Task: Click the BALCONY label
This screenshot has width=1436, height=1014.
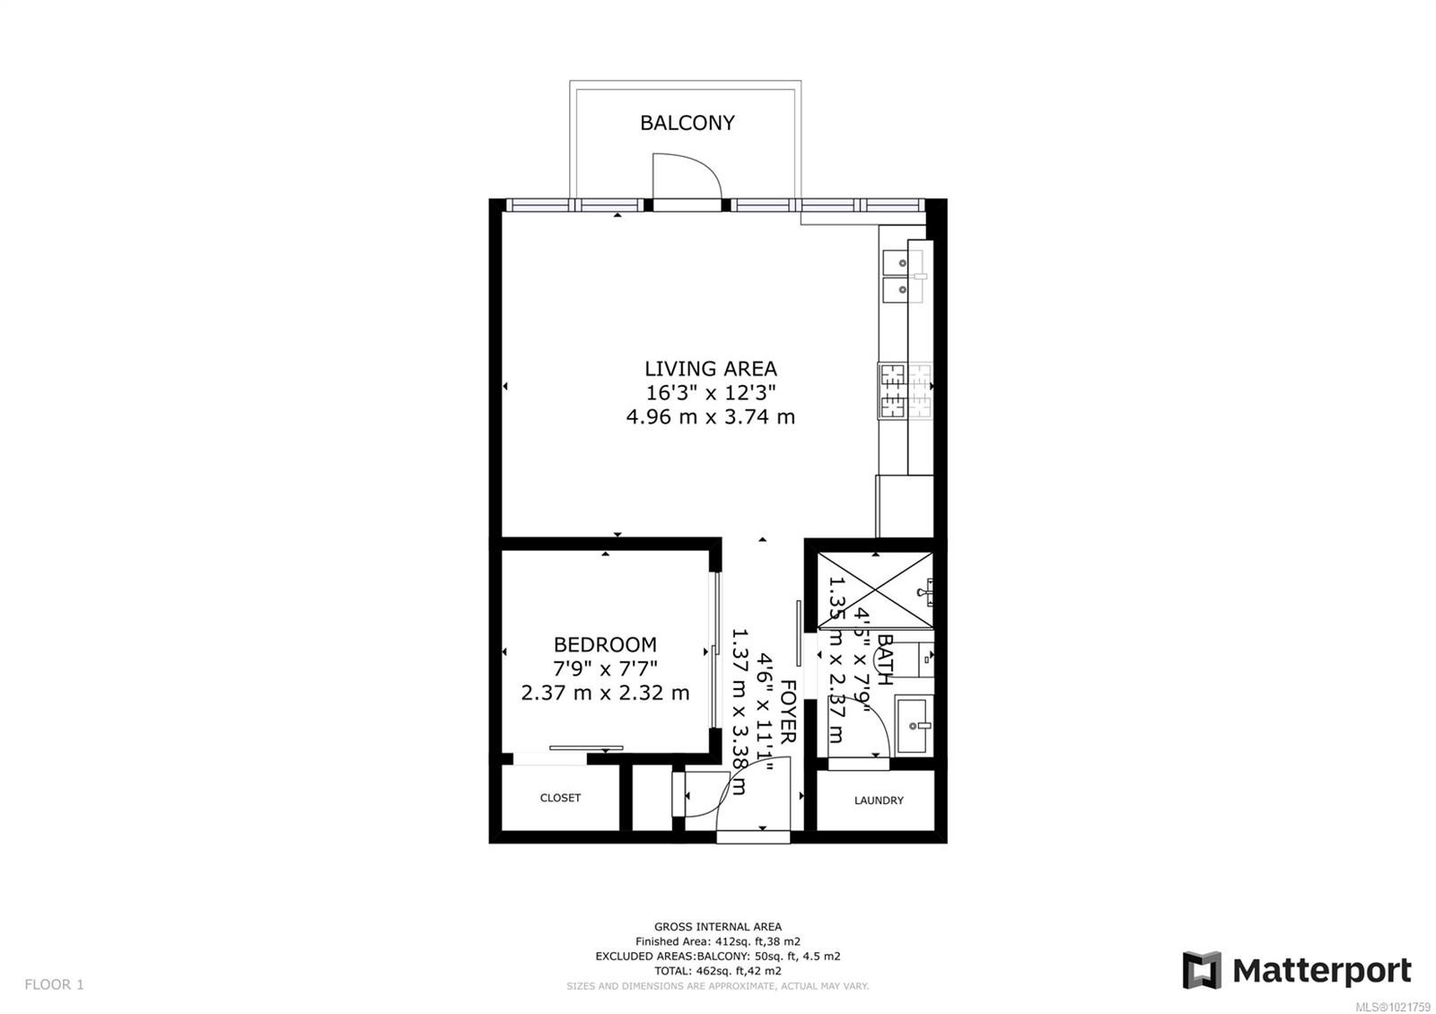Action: [x=687, y=123]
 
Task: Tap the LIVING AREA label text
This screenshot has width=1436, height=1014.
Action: [x=710, y=369]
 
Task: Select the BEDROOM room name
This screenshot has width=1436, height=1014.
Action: [x=605, y=644]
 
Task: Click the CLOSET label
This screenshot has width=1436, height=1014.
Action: [x=560, y=798]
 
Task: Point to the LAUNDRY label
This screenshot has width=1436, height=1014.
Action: [x=879, y=800]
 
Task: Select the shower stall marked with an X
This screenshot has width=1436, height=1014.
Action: [x=875, y=590]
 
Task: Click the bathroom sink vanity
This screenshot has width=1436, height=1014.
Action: [x=914, y=725]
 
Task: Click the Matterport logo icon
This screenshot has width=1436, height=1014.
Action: [x=1202, y=970]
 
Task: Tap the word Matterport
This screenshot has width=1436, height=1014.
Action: [x=1321, y=971]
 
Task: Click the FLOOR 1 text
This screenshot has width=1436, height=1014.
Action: [x=54, y=984]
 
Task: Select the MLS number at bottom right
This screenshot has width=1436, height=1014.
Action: [x=1392, y=1006]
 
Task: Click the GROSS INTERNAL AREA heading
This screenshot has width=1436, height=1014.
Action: [x=717, y=927]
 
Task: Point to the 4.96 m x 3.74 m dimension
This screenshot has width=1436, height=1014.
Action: [x=710, y=416]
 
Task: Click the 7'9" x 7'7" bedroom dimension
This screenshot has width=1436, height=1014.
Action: [x=605, y=669]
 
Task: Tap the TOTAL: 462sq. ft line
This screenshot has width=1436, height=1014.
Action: [x=717, y=971]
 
